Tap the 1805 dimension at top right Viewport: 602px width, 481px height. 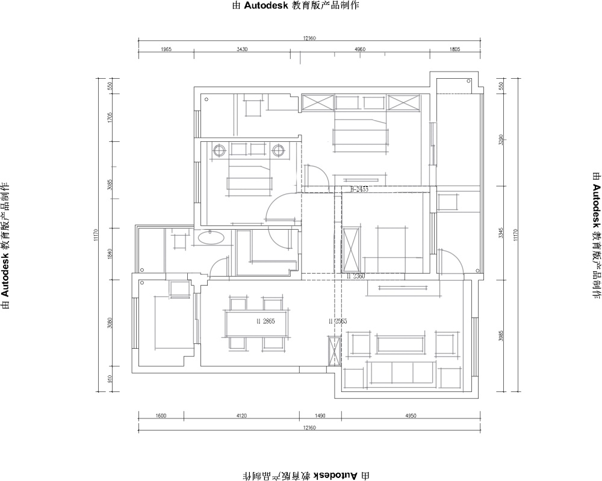[455, 49]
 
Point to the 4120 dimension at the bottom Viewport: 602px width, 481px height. [242, 415]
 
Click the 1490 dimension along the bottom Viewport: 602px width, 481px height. [320, 415]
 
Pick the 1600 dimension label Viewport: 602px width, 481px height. [161, 415]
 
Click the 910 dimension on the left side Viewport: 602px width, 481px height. [110, 379]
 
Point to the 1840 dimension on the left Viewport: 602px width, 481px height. [110, 253]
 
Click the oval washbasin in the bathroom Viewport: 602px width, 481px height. [211, 239]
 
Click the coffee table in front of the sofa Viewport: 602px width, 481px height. [401, 344]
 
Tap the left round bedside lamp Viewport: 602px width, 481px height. [220, 150]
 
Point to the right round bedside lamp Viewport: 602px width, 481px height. [278, 150]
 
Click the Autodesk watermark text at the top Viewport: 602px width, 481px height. [295, 6]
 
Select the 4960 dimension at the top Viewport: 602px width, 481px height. [360, 49]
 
